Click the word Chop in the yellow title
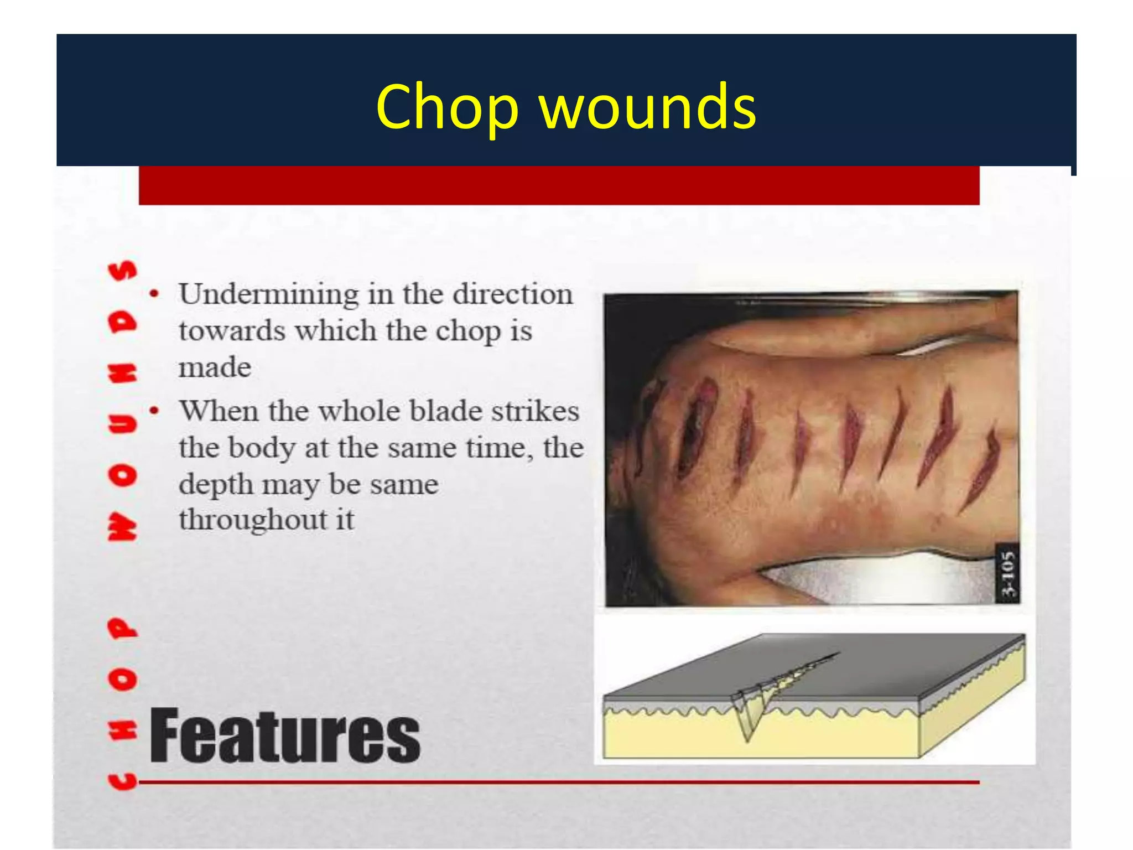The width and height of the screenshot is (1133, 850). pos(447,107)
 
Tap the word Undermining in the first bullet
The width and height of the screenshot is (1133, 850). pos(269,295)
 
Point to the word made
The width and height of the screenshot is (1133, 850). pos(215,367)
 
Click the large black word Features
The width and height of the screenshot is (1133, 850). pos(285,737)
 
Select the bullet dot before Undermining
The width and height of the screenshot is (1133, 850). pos(155,294)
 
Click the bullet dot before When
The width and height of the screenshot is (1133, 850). pos(155,411)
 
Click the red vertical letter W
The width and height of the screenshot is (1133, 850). pos(123,526)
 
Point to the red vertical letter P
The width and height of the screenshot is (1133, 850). pos(123,628)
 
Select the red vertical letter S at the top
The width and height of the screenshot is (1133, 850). pos(123,270)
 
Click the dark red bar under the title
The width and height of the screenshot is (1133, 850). pos(559,185)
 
